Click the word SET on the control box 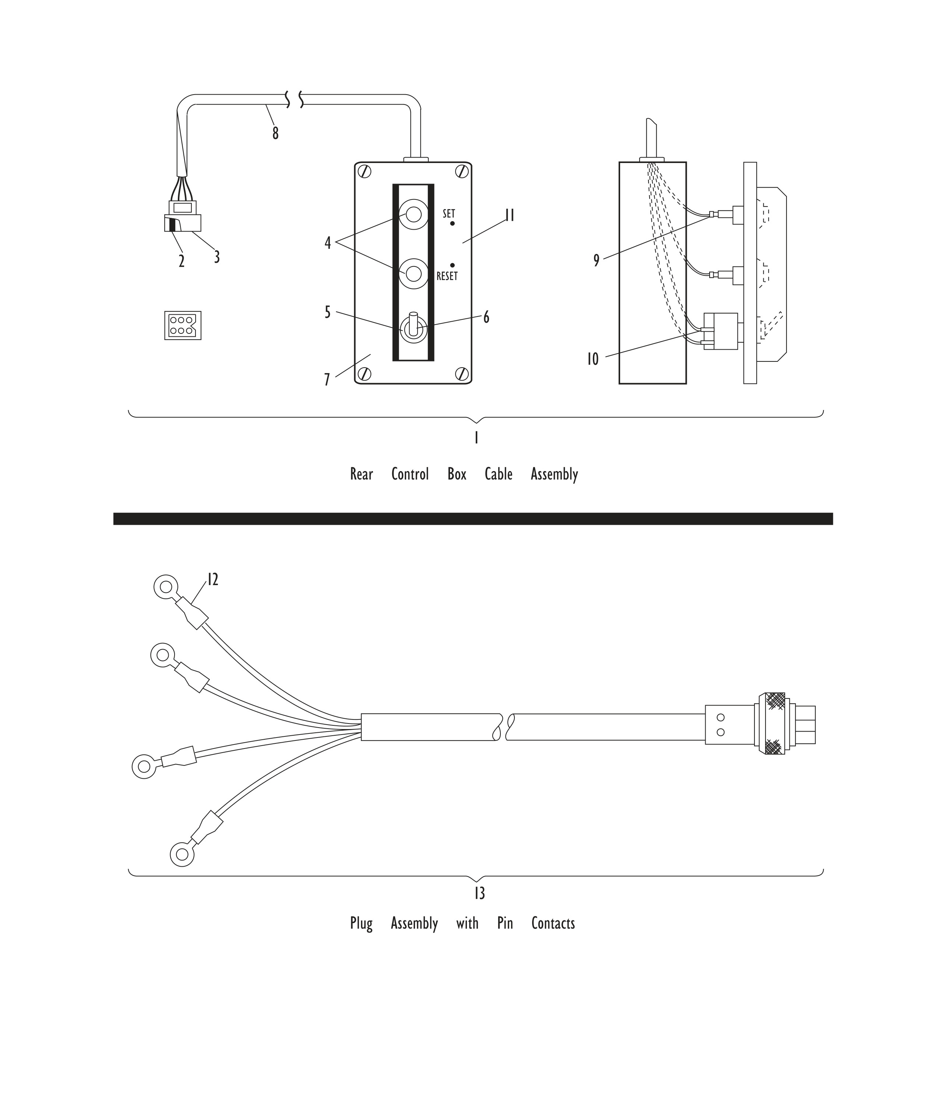[x=449, y=214]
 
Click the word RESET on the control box [x=447, y=276]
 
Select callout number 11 [x=509, y=215]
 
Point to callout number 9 [x=597, y=261]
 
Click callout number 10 [x=593, y=359]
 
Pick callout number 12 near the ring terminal [x=212, y=580]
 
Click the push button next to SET [x=413, y=214]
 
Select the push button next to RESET [x=413, y=274]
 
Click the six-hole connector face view [x=183, y=325]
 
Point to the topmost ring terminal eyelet [x=166, y=587]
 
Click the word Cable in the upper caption [x=498, y=474]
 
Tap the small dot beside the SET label [x=452, y=224]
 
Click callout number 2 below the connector [x=181, y=261]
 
